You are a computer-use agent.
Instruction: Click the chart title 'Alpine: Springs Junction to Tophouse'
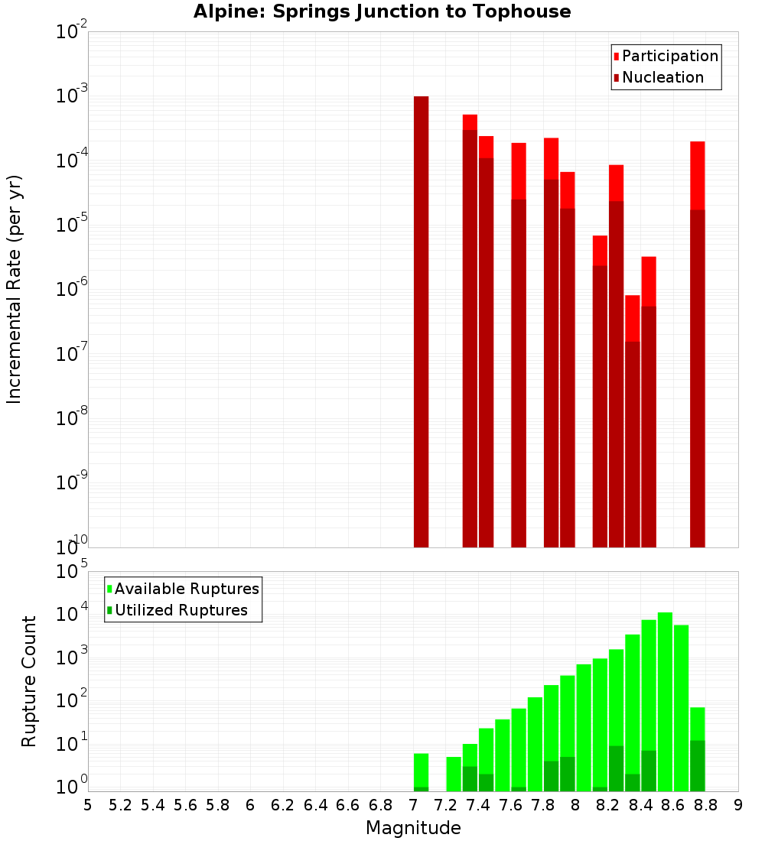382,11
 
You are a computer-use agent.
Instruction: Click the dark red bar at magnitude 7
421,321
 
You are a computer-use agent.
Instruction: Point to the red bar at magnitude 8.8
697,175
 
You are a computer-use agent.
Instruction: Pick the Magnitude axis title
413,828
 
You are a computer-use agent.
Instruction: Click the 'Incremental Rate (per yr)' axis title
15,289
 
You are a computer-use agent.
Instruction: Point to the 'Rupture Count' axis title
29,680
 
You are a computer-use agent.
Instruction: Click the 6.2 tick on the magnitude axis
283,805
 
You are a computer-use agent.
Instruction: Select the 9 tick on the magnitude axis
738,805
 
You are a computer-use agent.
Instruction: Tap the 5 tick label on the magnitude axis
88,805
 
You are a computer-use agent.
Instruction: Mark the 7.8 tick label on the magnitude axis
543,805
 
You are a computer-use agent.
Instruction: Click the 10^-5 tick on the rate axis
72,225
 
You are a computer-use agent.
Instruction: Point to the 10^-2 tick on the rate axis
72,32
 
